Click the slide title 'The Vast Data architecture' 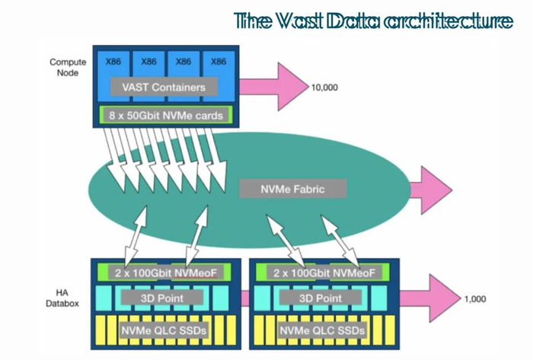coord(373,21)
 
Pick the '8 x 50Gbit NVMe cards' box coord(163,116)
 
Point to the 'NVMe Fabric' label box coord(293,187)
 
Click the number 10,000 coord(324,88)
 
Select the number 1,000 coord(474,299)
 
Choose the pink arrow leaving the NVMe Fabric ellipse coord(430,187)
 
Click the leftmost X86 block coord(113,62)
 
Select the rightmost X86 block coord(218,62)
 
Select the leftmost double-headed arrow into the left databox coord(138,236)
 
